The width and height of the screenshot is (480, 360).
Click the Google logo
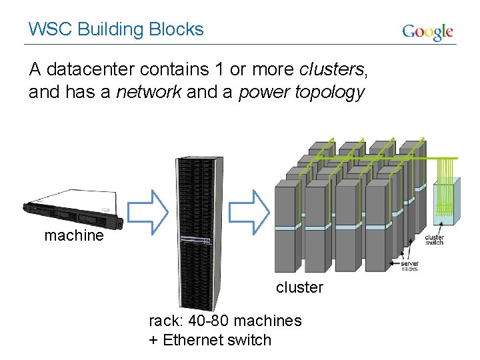point(427,31)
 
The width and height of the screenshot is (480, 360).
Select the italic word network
point(149,92)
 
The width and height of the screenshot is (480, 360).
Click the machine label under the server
point(74,235)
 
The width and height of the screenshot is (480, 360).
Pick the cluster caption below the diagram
point(299,287)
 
